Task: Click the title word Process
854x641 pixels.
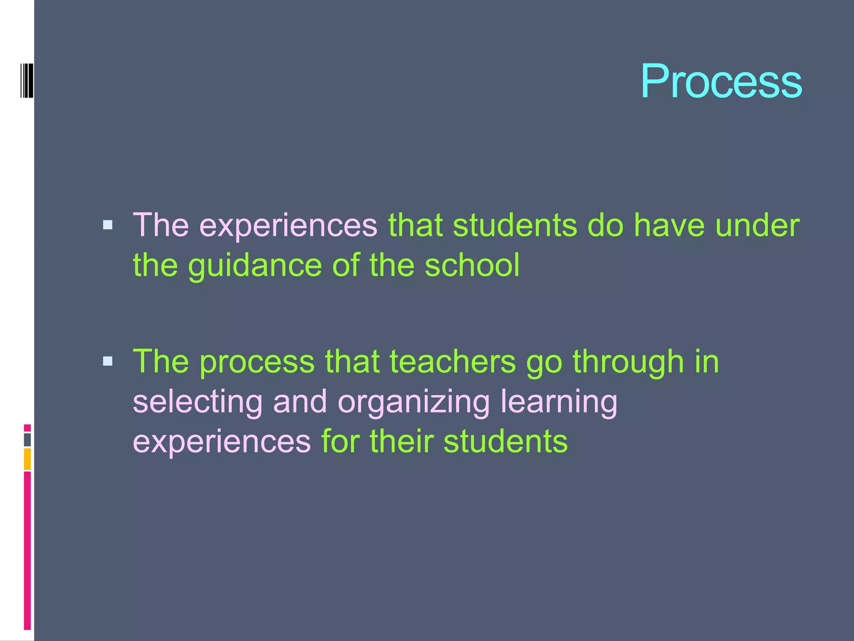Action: (721, 81)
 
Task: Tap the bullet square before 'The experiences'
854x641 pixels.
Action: (108, 225)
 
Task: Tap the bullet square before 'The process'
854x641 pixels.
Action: (108, 361)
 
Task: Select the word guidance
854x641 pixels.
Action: (255, 266)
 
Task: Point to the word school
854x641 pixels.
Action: (472, 265)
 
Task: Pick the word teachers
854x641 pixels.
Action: (453, 361)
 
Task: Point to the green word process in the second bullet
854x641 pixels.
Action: (257, 362)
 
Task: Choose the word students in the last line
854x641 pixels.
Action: (505, 442)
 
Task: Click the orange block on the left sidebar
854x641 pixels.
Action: (27, 459)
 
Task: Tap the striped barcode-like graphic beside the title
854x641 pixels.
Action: (27, 81)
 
